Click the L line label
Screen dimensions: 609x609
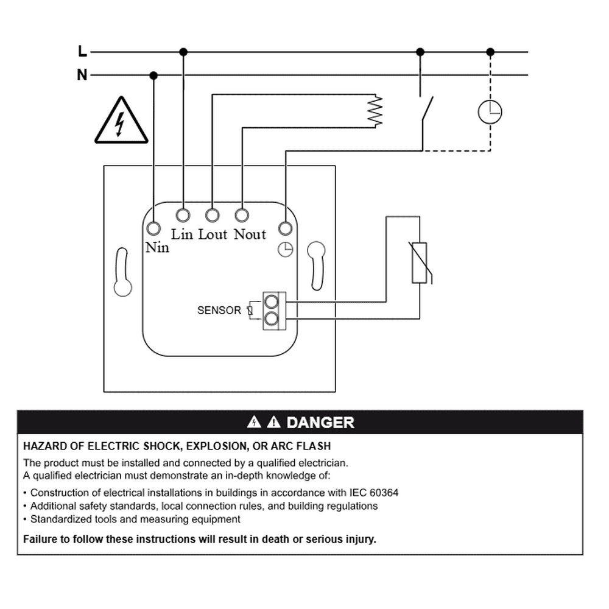click(82, 51)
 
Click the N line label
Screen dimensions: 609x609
click(82, 74)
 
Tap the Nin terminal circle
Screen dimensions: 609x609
click(154, 228)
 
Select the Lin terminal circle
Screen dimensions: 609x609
click(183, 215)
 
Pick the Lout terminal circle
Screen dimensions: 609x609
click(213, 215)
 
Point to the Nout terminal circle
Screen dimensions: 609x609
click(242, 215)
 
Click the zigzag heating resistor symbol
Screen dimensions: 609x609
click(375, 111)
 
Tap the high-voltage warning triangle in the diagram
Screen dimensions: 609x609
click(122, 120)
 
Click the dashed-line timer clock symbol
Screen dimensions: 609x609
click(490, 112)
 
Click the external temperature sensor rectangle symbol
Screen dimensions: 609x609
click(420, 262)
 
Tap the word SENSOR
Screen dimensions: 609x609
click(219, 311)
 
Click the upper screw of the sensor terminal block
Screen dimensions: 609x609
click(271, 301)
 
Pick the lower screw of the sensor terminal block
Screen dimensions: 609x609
click(271, 319)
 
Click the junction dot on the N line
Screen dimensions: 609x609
click(154, 76)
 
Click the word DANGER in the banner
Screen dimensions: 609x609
click(320, 423)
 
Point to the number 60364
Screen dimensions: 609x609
click(384, 493)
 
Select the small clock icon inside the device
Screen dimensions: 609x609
click(286, 250)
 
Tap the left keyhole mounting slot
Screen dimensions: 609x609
click(122, 272)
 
